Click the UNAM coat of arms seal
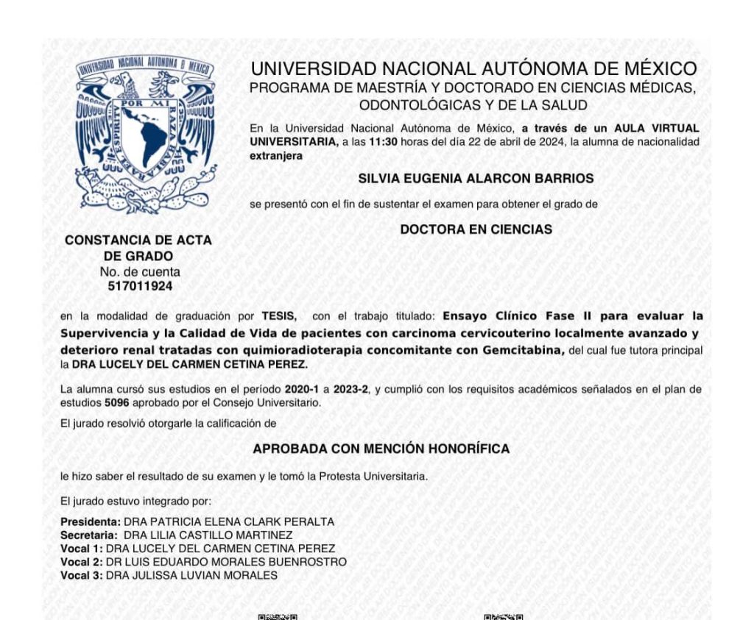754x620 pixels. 144,135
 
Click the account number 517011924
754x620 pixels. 138,285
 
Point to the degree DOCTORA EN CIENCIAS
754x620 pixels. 476,229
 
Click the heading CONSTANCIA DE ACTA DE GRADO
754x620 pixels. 138,248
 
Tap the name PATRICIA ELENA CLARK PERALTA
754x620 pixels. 239,521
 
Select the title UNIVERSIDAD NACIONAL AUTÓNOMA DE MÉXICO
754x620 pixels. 473,70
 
